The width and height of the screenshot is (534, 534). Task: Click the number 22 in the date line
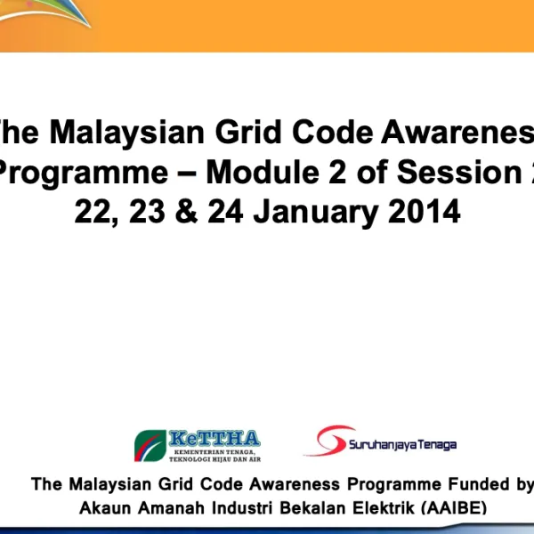tap(93, 212)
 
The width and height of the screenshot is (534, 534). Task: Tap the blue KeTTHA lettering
tap(214, 439)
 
